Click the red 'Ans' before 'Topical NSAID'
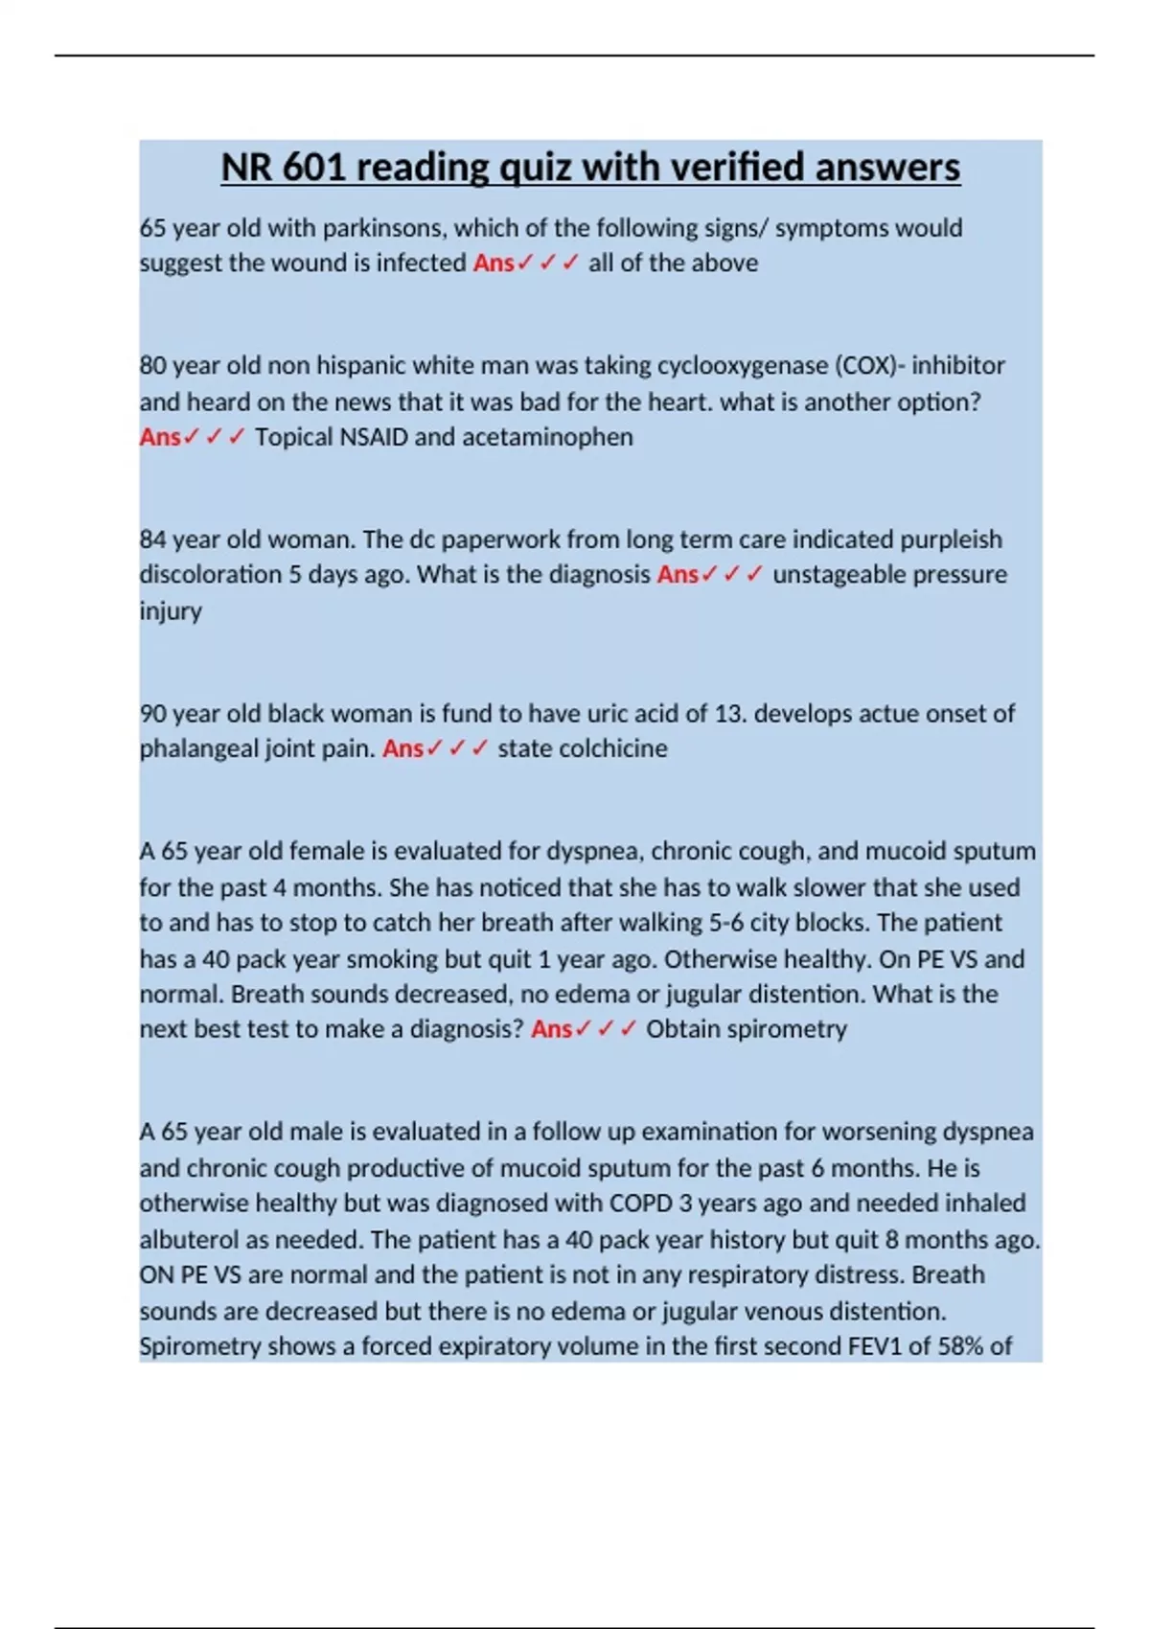point(160,437)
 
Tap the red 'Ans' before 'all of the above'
point(494,263)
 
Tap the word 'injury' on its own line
point(171,611)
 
